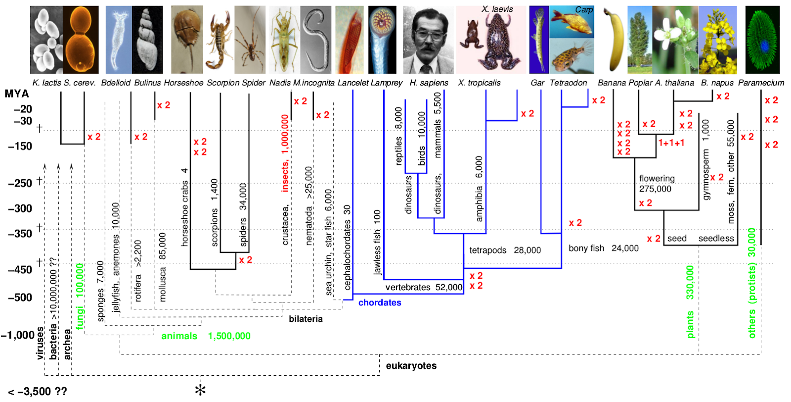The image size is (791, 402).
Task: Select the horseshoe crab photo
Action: coord(186,40)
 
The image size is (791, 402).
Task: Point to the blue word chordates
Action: coord(380,302)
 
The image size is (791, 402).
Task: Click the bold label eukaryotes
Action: coord(411,366)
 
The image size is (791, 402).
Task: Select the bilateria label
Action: coord(306,319)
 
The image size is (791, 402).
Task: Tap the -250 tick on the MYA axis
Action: coord(20,183)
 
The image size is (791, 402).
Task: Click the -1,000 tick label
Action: coord(18,335)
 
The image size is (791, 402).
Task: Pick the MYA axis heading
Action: coord(17,94)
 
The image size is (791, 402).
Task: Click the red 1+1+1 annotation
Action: coord(671,143)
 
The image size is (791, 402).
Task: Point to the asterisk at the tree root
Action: coord(200,390)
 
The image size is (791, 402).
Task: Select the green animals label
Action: coord(179,336)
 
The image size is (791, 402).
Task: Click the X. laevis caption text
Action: coord(497,9)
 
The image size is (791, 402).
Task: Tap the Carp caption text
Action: coord(584,10)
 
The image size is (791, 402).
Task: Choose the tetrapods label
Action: coord(487,250)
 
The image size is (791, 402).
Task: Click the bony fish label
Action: coord(586,248)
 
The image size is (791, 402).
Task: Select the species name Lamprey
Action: coord(387,83)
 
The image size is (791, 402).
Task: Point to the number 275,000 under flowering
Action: coord(655,189)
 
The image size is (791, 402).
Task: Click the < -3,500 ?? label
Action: coord(38,392)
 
